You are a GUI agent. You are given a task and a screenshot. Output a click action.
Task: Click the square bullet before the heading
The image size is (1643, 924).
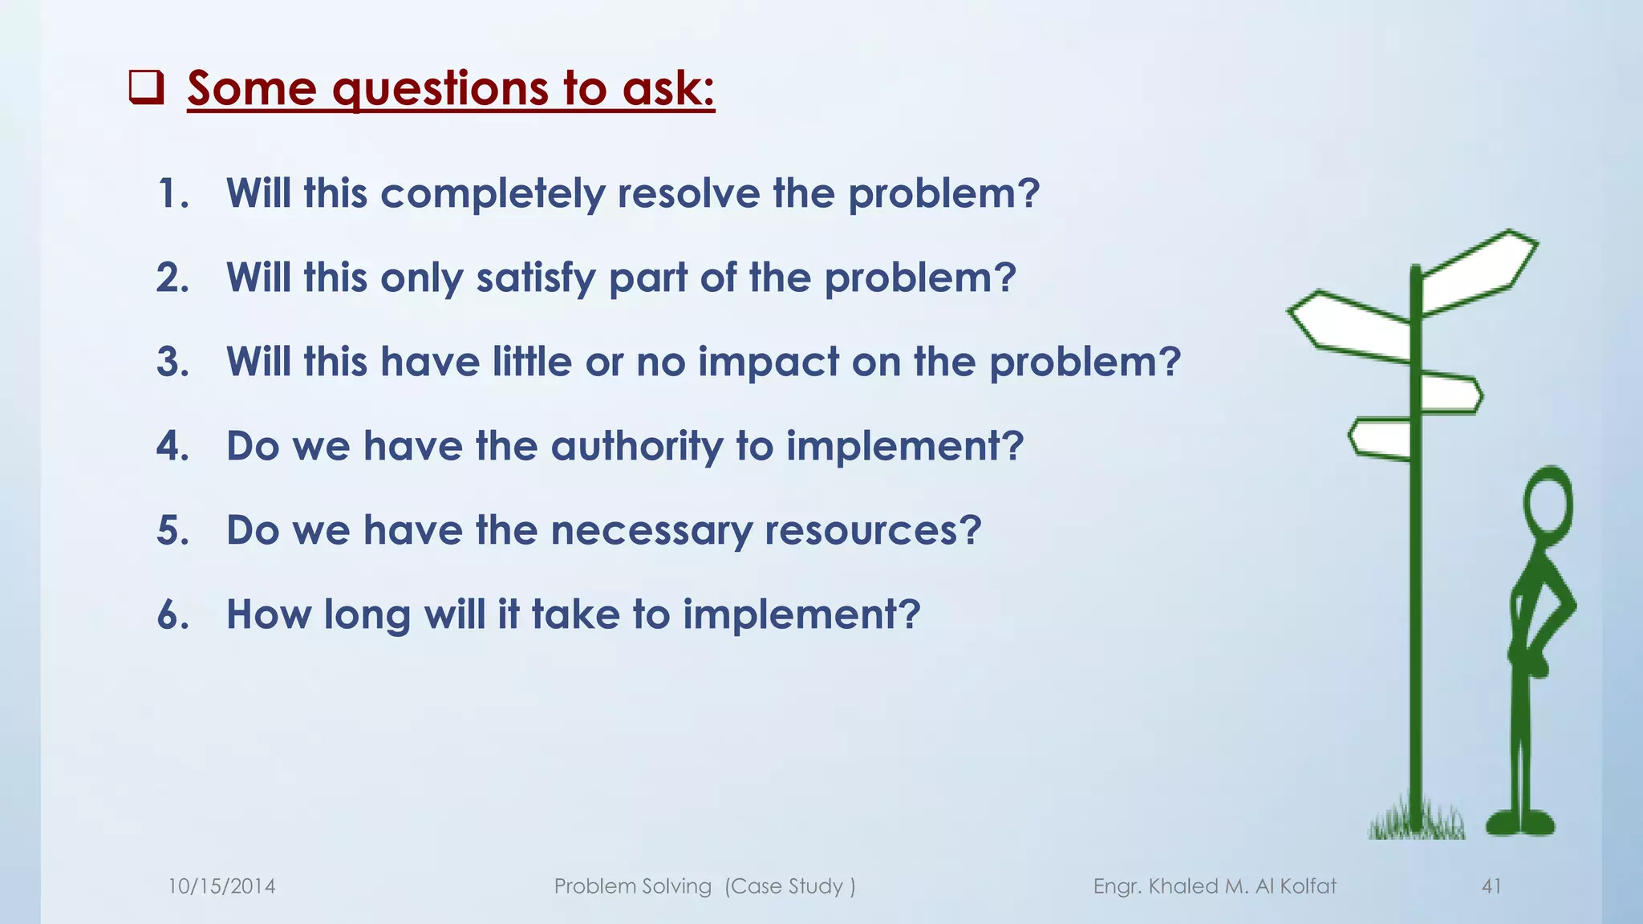click(147, 88)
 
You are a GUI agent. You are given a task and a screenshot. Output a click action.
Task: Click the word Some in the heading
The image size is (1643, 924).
click(252, 88)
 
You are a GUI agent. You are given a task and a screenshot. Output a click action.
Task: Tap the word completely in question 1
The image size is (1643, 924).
click(493, 195)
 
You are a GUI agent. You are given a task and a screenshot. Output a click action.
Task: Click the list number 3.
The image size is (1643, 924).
click(173, 363)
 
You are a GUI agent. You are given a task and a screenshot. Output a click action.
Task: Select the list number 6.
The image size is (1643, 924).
click(173, 615)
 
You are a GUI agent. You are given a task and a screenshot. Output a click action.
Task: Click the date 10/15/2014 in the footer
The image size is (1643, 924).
click(221, 886)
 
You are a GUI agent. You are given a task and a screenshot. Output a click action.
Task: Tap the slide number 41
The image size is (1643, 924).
click(1491, 886)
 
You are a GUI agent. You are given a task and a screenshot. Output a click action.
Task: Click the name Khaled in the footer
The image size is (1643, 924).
click(1184, 886)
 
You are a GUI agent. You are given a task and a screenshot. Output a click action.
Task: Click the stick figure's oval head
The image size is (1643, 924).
click(1548, 505)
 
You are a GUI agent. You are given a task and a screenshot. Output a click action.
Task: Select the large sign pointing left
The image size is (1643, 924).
click(1351, 325)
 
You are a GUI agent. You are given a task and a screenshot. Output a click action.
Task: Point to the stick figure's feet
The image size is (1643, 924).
click(1520, 823)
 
